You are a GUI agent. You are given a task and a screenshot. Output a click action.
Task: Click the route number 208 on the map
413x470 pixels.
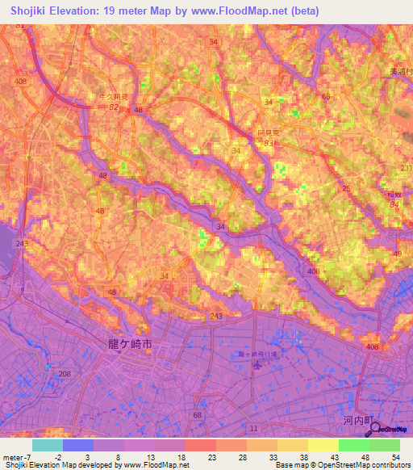click(x=65, y=373)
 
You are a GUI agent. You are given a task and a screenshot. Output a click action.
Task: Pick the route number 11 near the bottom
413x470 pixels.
click(x=254, y=426)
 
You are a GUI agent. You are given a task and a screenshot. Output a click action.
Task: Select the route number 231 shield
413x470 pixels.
click(x=405, y=168)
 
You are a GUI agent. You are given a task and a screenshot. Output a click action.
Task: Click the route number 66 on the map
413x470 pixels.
click(x=327, y=97)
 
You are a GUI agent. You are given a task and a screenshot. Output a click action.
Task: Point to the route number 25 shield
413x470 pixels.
click(x=345, y=188)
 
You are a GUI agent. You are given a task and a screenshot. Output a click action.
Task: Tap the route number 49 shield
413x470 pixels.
click(x=397, y=254)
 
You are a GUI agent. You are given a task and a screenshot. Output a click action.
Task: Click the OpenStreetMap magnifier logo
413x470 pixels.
click(x=373, y=429)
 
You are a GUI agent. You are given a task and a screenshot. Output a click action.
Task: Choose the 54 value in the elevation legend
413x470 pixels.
click(x=395, y=457)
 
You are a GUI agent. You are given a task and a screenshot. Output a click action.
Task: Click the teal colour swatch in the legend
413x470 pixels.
click(x=47, y=445)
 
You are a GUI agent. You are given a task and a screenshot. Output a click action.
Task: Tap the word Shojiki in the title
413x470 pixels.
click(x=26, y=11)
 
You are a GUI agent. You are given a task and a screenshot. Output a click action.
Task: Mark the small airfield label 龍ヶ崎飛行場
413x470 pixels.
click(x=257, y=354)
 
